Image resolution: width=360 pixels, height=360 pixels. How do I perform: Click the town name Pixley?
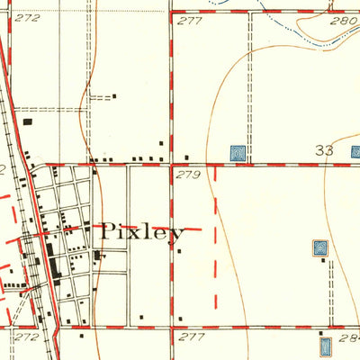pyautogui.click(x=141, y=230)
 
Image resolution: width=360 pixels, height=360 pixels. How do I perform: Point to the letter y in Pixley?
pyautogui.click(x=178, y=233)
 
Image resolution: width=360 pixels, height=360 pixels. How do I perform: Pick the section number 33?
pyautogui.click(x=325, y=150)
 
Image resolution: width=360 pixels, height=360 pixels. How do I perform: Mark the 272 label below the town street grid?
pyautogui.click(x=27, y=336)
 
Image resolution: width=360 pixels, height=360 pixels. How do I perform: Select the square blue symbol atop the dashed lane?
pyautogui.click(x=319, y=247)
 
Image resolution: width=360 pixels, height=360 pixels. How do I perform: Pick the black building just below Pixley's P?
pyautogui.click(x=98, y=256)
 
